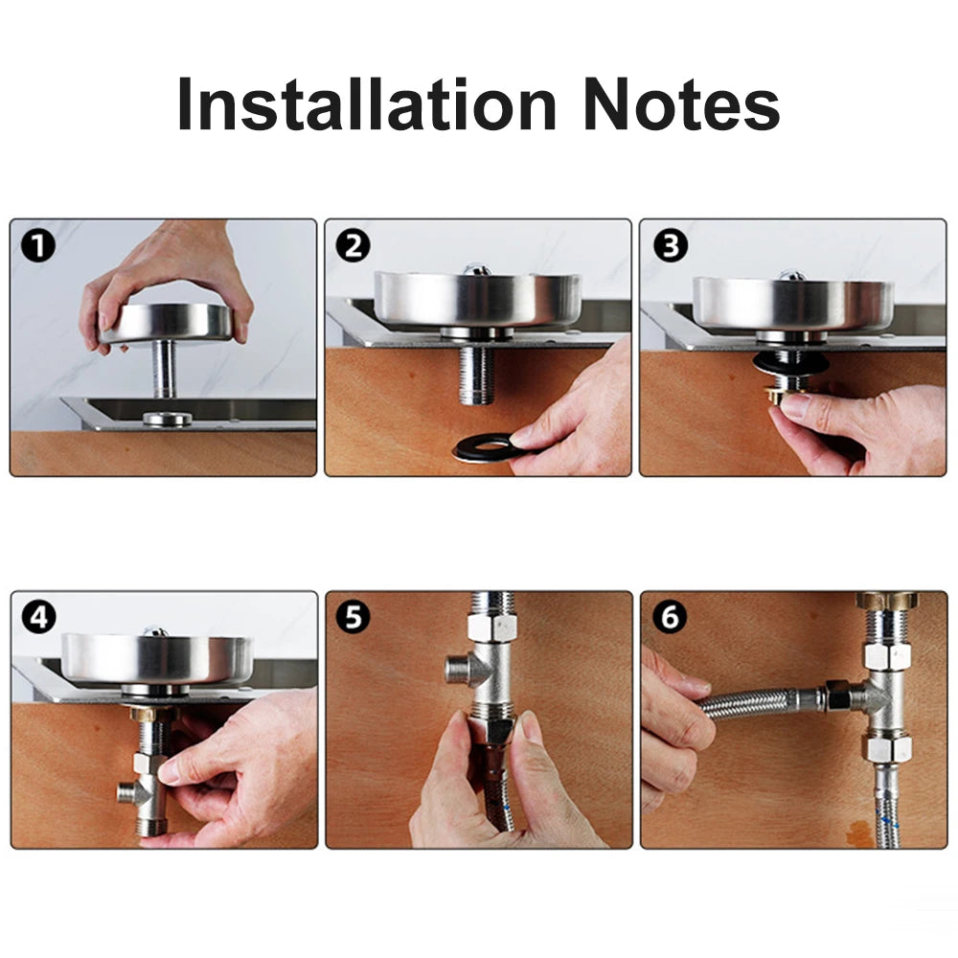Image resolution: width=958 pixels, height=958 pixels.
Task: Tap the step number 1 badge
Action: (x=39, y=246)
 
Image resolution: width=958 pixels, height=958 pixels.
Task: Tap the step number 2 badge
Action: (x=354, y=246)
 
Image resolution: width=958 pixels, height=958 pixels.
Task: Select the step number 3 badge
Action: (x=670, y=246)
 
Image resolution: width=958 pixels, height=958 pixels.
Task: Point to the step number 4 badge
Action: (x=39, y=618)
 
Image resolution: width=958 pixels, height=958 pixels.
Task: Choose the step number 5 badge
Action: (x=354, y=618)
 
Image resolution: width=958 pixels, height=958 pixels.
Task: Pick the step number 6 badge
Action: (x=670, y=618)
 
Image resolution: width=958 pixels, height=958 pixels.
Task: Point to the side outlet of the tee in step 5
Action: (x=458, y=670)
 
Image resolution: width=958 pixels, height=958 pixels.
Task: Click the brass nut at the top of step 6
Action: (x=886, y=601)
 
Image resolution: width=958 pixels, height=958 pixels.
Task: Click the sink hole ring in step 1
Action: (x=167, y=419)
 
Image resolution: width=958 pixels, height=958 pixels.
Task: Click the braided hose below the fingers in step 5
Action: (x=498, y=814)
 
